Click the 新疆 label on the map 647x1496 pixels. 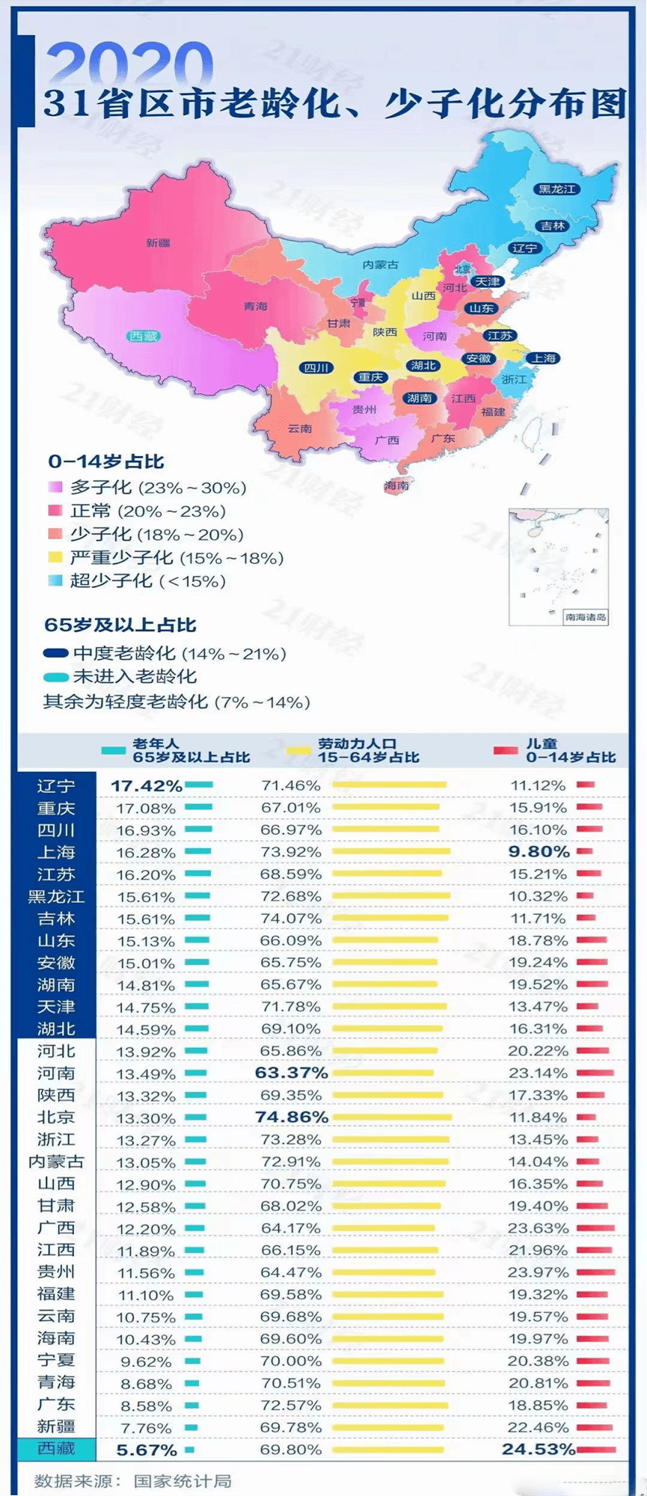[x=159, y=242]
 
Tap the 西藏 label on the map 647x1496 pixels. [x=143, y=336]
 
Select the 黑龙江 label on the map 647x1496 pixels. [x=558, y=188]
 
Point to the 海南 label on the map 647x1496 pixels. [x=396, y=485]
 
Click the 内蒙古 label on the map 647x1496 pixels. [x=381, y=265]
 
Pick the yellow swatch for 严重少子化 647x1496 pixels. [x=55, y=557]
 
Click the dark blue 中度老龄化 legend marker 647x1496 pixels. [x=56, y=654]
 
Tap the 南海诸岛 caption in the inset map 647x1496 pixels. [x=585, y=617]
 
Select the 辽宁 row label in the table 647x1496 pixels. [x=56, y=786]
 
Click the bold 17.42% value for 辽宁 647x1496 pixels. [x=146, y=786]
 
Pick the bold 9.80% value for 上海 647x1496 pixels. [x=539, y=852]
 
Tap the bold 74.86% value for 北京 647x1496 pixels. [x=292, y=1118]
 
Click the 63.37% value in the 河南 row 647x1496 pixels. [x=292, y=1073]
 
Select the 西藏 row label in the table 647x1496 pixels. [x=56, y=1449]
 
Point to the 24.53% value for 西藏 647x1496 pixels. [x=539, y=1449]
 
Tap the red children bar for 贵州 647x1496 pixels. [x=596, y=1272]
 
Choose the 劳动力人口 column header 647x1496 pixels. [x=357, y=744]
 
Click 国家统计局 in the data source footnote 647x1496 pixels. [x=183, y=1481]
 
